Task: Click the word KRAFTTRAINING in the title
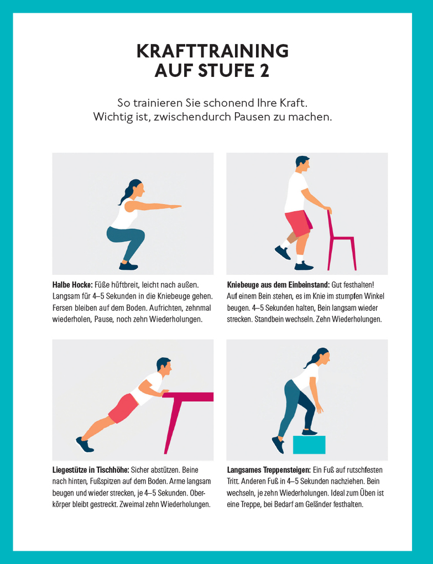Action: (212, 51)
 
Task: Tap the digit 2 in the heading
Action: (264, 70)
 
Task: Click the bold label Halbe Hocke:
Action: (72, 285)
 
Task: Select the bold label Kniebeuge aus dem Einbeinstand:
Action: (278, 285)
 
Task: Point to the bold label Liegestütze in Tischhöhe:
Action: (91, 470)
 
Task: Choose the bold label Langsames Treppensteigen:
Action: (269, 470)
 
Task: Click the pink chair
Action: (341, 241)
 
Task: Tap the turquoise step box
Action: (309, 445)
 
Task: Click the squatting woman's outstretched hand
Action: (175, 207)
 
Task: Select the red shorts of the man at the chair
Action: (299, 223)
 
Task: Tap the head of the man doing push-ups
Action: (164, 367)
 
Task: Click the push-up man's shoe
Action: (85, 445)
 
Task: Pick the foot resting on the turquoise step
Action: (309, 432)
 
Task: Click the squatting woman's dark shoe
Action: (128, 266)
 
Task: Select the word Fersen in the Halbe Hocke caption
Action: (63, 308)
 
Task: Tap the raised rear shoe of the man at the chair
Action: (283, 252)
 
